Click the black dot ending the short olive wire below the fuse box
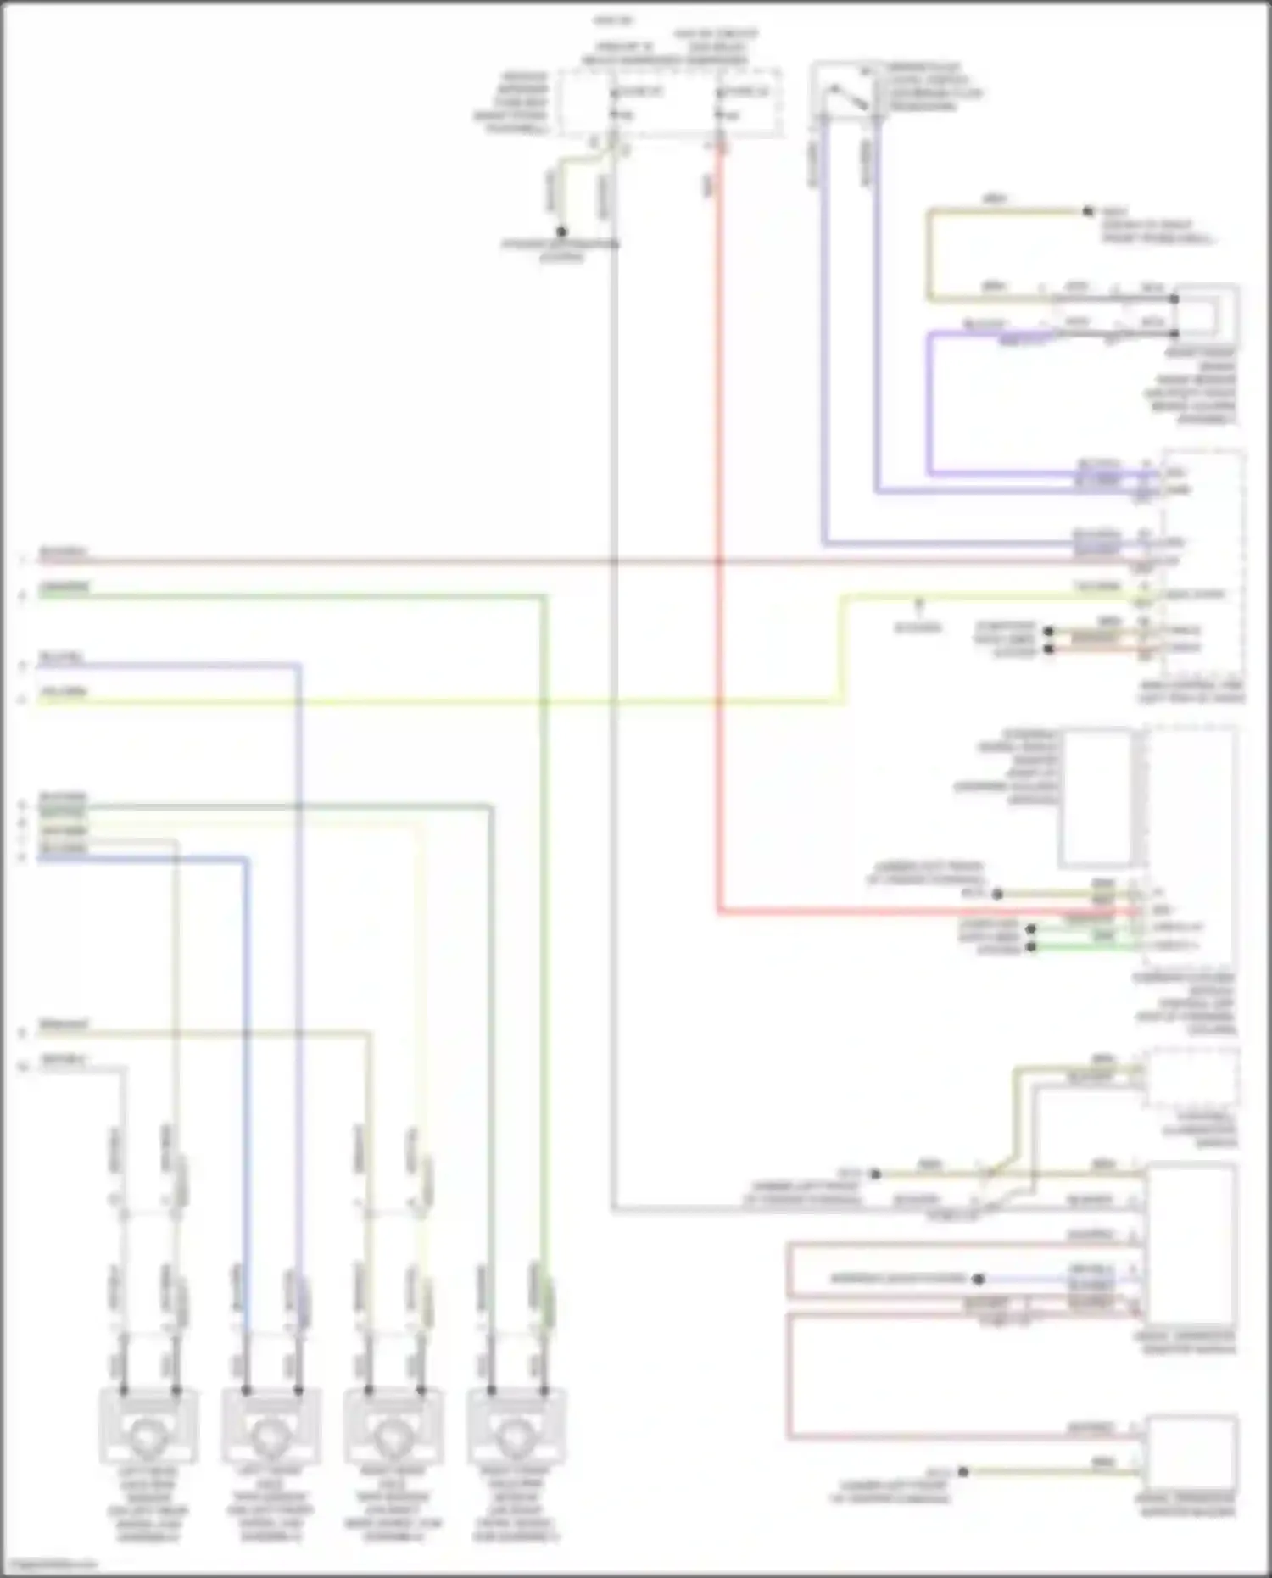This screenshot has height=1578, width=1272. (x=561, y=231)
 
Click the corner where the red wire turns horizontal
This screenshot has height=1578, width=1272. (x=719, y=913)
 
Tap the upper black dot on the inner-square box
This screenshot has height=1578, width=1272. (x=1174, y=299)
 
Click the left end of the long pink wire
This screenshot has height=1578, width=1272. (x=39, y=560)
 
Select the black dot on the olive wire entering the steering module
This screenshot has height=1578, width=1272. (x=997, y=894)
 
